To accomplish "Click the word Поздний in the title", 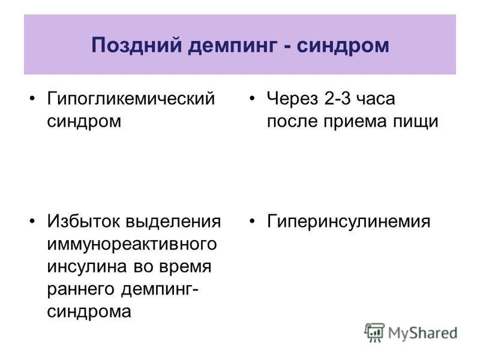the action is click(x=137, y=45).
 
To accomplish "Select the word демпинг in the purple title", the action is click(x=233, y=46).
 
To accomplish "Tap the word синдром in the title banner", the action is click(x=343, y=46).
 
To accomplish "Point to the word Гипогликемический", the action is click(x=131, y=99).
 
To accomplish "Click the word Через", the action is click(x=293, y=99).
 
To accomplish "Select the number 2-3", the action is click(x=337, y=98).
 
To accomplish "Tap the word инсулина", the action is click(x=87, y=267).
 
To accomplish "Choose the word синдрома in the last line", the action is click(x=89, y=312).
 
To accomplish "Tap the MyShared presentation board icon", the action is click(x=374, y=333).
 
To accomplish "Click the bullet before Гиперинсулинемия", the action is click(x=252, y=221).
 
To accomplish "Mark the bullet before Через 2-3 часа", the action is click(x=252, y=98).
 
